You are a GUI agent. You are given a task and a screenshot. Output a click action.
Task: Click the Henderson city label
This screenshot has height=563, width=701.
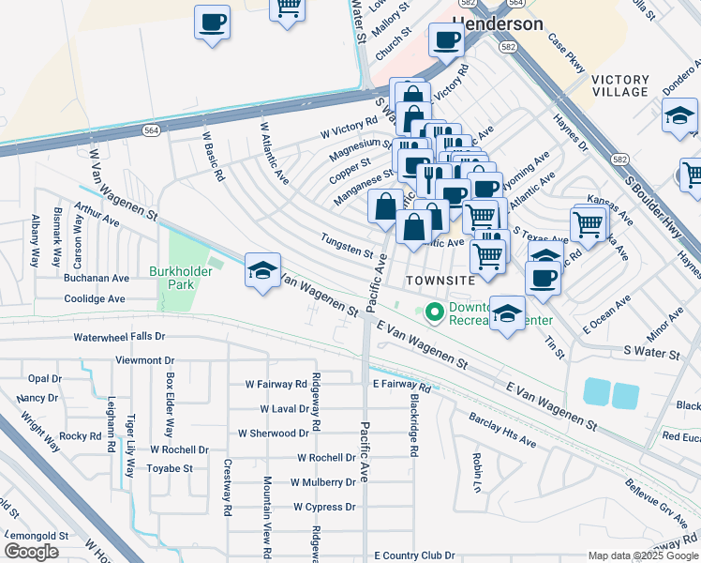pos(498,23)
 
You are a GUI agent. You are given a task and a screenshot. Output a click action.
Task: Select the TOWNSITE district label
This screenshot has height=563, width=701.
pos(435,281)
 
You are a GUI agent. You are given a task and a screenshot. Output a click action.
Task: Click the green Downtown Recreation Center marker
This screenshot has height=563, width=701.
pos(434,312)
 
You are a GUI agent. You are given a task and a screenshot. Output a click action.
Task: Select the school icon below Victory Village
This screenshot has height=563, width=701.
pos(679,116)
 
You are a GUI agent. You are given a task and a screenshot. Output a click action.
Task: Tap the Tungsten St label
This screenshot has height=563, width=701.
pos(347,248)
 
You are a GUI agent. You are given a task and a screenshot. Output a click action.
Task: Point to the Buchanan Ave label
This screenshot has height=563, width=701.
pos(97,279)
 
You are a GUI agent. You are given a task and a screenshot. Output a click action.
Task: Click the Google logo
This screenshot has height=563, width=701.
pos(31,552)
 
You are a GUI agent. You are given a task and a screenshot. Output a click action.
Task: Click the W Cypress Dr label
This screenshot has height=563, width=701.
pos(324,507)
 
